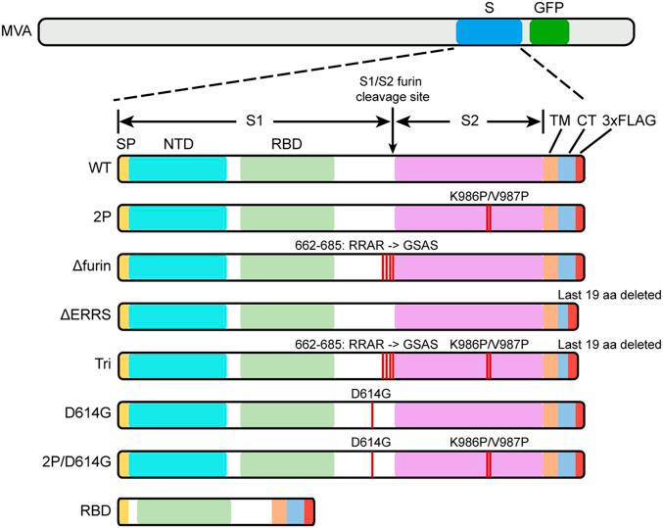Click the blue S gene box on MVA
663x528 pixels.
(489, 31)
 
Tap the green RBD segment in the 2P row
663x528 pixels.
(286, 217)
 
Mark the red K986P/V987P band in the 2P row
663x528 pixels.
(488, 217)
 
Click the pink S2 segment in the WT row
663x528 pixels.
(468, 168)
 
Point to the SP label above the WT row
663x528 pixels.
(125, 143)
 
